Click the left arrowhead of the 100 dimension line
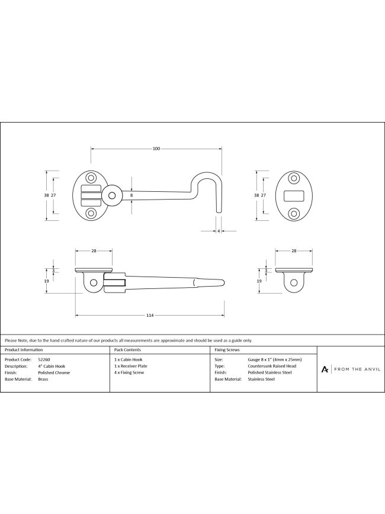click(92, 149)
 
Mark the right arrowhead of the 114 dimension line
click(223, 316)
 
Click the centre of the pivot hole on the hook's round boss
click(111, 195)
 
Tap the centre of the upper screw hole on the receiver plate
click(294, 178)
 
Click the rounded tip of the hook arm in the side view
click(224, 282)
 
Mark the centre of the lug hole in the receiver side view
click(294, 282)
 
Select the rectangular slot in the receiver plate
click(294, 195)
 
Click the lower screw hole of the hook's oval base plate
click(91, 213)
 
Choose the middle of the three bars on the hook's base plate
click(91, 195)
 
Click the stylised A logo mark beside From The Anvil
click(325, 370)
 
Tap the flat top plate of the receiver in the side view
click(294, 270)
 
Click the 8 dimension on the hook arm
click(131, 195)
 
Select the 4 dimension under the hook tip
click(219, 231)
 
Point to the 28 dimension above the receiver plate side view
click(294, 250)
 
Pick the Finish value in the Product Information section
click(54, 372)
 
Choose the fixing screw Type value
click(272, 366)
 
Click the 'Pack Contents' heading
click(127, 350)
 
